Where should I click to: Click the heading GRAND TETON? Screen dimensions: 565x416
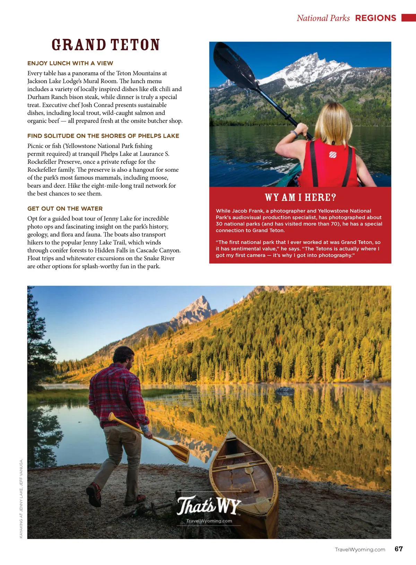click(x=105, y=45)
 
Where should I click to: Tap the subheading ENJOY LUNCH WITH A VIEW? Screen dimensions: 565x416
click(x=70, y=63)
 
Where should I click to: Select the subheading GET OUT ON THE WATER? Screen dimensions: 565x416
click(x=65, y=209)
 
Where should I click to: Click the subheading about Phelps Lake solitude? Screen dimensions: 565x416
click(x=103, y=136)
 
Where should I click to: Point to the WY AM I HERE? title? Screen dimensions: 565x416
click(x=300, y=197)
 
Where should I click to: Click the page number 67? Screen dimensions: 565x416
click(x=399, y=549)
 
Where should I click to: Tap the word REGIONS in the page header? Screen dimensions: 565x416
click(x=375, y=18)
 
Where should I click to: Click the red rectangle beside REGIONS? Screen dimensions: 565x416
click(x=408, y=18)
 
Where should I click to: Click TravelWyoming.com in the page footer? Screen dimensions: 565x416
click(x=360, y=550)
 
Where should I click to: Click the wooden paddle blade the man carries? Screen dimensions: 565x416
click(x=179, y=452)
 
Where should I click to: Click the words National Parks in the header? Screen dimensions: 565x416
click(x=323, y=18)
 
